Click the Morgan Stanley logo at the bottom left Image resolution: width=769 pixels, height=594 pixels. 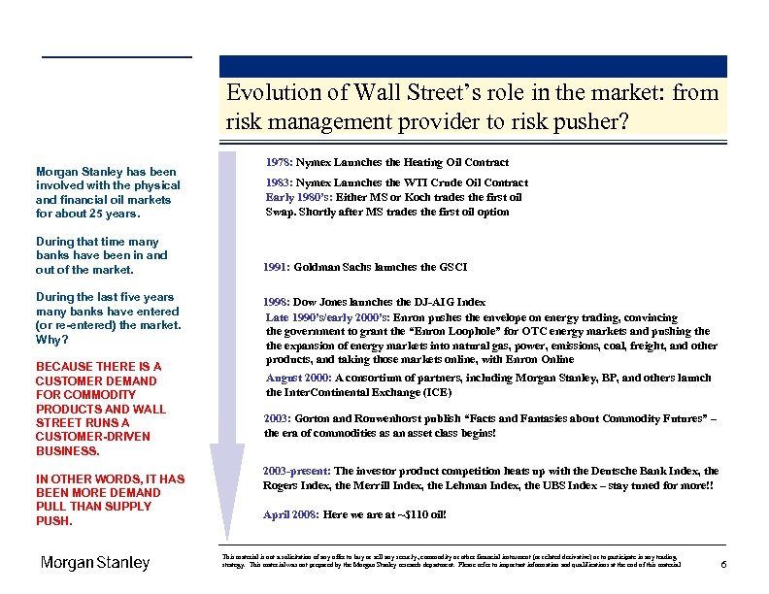[x=95, y=563]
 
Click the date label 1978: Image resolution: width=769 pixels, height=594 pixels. [x=279, y=162]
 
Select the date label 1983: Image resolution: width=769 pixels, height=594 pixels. [x=279, y=182]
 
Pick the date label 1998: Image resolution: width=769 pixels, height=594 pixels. [x=277, y=303]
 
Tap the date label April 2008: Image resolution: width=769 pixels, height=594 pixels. [x=290, y=514]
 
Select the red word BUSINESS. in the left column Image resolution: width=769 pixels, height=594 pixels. [x=68, y=450]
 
